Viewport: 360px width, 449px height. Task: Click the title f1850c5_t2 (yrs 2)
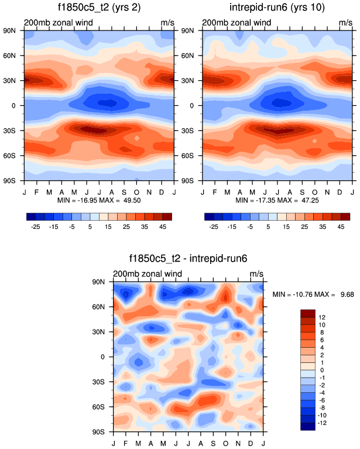[x=98, y=8]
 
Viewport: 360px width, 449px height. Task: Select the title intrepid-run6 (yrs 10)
[x=276, y=8]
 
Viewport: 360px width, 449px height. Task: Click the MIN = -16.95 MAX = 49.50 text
[x=98, y=200]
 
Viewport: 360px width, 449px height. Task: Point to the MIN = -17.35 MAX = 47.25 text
[x=276, y=200]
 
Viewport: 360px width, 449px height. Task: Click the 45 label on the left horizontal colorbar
[x=162, y=225]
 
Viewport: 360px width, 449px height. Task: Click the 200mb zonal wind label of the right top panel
[x=237, y=23]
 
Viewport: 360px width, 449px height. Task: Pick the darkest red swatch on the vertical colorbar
[x=307, y=313]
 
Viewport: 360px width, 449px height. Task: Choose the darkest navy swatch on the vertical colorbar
[x=307, y=426]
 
